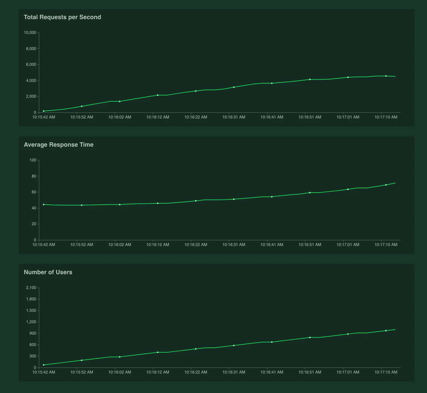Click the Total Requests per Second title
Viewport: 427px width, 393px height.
coord(62,17)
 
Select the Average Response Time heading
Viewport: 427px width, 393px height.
coord(59,145)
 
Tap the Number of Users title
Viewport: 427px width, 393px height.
coord(48,272)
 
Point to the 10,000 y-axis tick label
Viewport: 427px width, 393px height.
coord(30,33)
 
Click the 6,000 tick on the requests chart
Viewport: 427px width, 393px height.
coord(31,64)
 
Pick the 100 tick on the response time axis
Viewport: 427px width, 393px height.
coord(33,160)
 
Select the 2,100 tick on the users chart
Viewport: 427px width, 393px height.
coord(31,288)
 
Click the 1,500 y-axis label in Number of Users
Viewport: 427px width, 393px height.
coord(31,310)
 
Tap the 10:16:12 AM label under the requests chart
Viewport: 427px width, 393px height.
coord(158,117)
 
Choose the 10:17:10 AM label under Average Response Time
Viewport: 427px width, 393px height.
coord(386,245)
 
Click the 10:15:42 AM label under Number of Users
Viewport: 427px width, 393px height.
coord(44,372)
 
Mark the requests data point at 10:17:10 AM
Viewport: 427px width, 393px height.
coord(386,76)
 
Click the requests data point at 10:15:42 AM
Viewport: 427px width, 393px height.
coord(44,111)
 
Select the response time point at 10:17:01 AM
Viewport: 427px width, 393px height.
coord(348,189)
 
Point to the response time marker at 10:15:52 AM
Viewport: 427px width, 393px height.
coord(81,205)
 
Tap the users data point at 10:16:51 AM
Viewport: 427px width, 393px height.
coord(310,337)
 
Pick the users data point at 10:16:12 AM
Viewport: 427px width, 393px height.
coord(158,352)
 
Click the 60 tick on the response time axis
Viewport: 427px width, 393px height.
coord(34,192)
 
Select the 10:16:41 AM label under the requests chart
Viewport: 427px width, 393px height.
coord(272,117)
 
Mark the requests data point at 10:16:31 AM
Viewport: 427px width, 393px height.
coord(234,87)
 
